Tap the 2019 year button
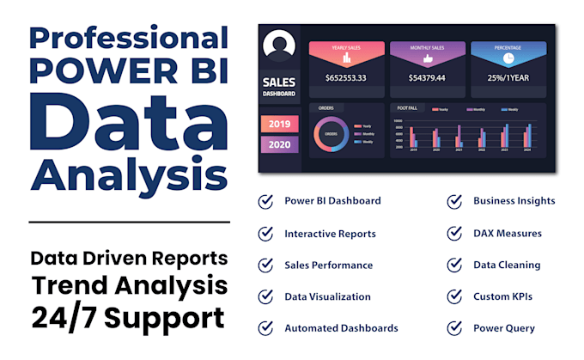click(x=279, y=124)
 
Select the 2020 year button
click(x=279, y=143)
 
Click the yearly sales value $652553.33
click(x=345, y=78)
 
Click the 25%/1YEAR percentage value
click(x=508, y=78)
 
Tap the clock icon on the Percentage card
click(x=508, y=58)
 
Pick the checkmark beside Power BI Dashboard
click(x=266, y=201)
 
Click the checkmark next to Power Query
click(x=455, y=327)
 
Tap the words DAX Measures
click(x=507, y=233)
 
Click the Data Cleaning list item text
click(x=507, y=265)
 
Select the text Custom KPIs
click(x=502, y=296)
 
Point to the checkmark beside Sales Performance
click(x=266, y=265)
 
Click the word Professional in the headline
click(x=129, y=39)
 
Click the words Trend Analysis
click(x=129, y=284)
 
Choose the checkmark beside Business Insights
click(x=455, y=201)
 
